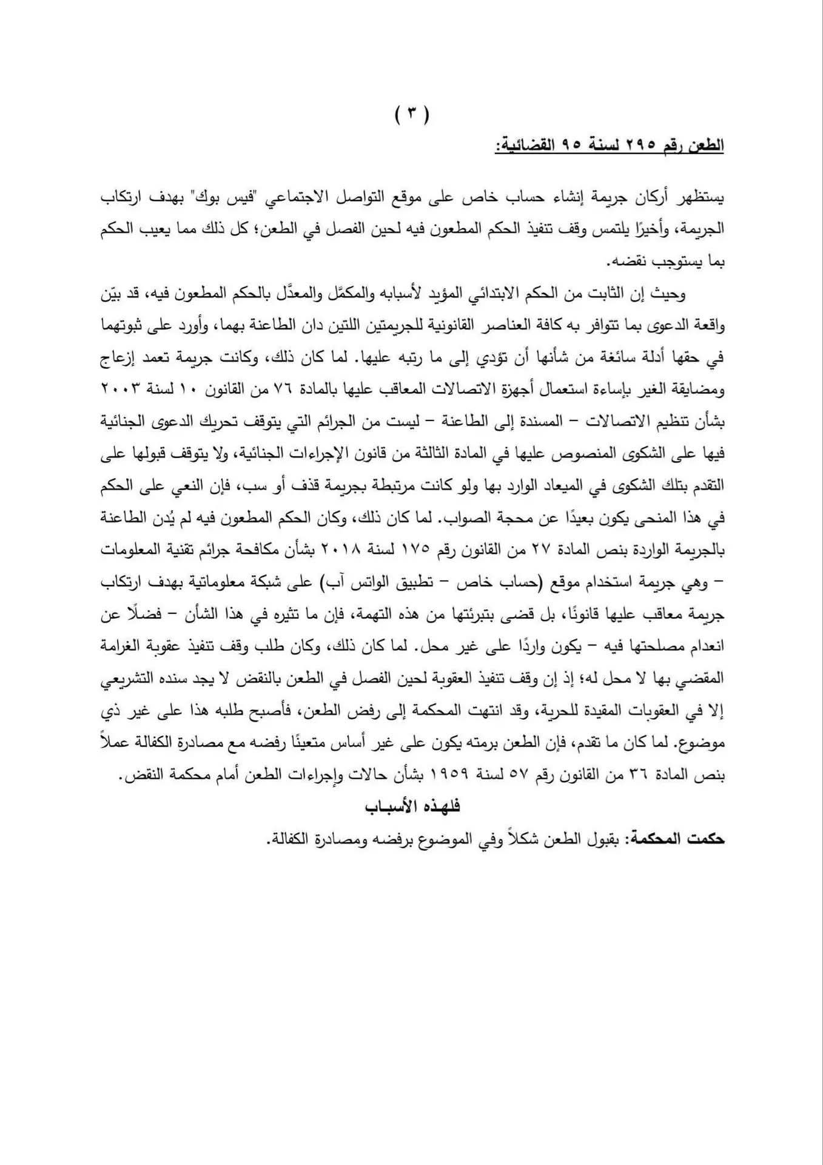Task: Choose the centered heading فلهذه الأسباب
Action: coord(412,806)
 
